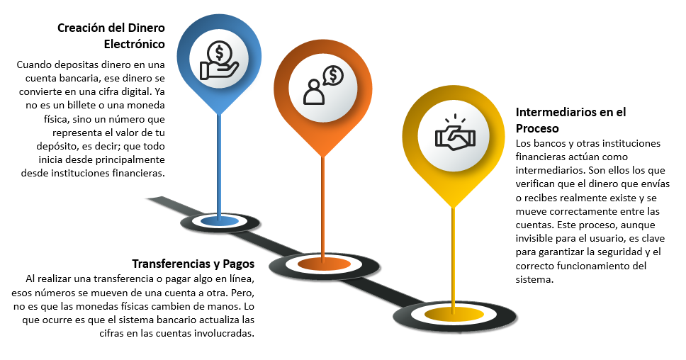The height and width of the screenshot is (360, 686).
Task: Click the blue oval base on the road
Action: (219, 222)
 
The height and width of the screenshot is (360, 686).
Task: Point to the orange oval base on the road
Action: (323, 264)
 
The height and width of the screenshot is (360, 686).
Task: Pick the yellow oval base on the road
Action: (453, 313)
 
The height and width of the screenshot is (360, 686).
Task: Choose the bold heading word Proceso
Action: (538, 128)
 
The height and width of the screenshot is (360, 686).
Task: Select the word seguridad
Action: (620, 252)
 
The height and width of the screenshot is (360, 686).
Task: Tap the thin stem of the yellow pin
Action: (453, 255)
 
